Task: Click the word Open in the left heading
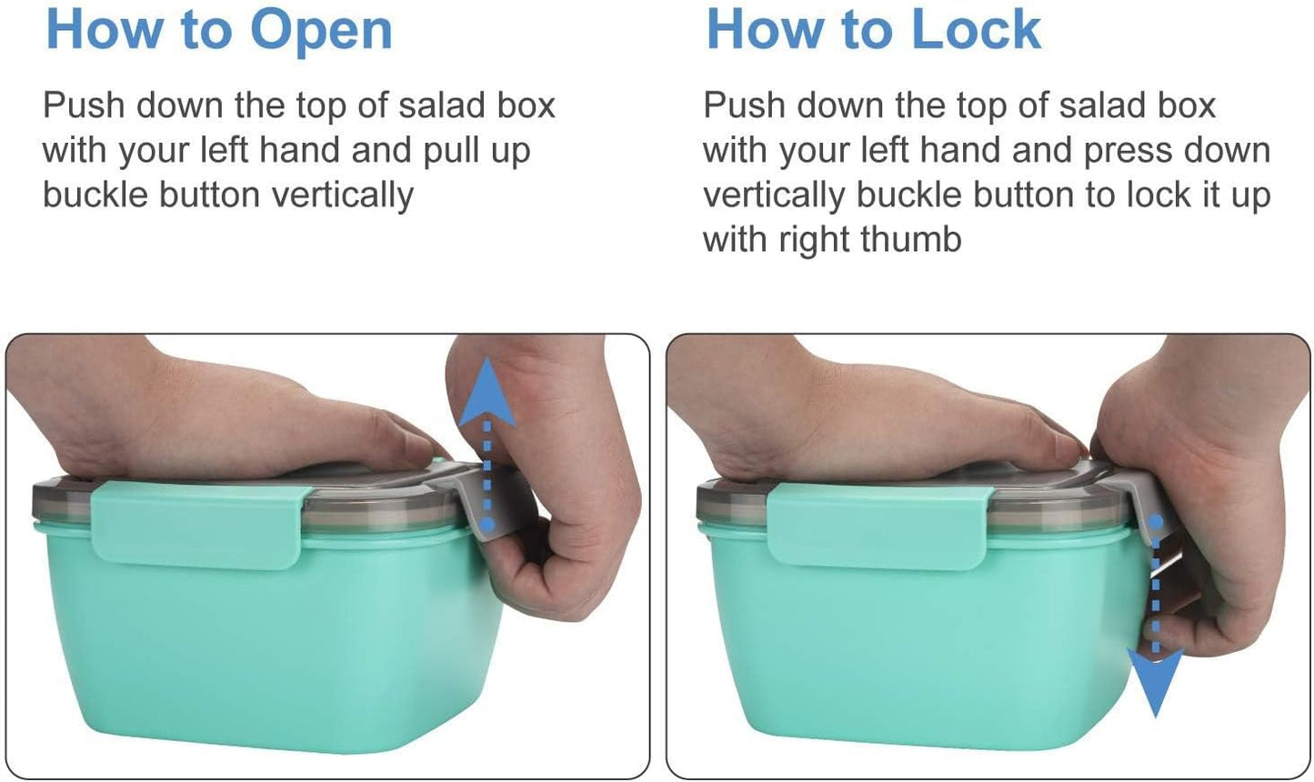[x=321, y=31]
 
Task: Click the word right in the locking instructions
[x=815, y=240]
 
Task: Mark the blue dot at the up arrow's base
[x=488, y=525]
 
